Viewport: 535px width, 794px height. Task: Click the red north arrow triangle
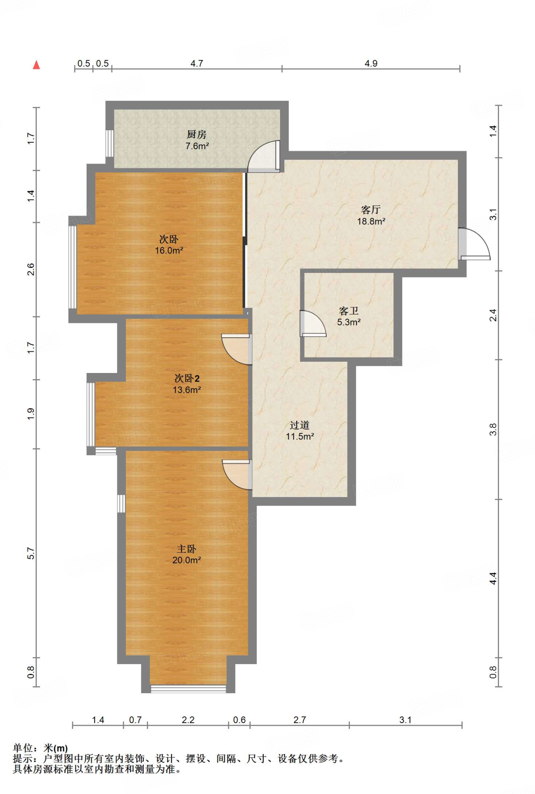pos(36,65)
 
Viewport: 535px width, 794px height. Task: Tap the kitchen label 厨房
pos(197,134)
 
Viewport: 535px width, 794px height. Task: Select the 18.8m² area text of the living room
pos(371,221)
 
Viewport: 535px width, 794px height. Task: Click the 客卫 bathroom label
pos(349,311)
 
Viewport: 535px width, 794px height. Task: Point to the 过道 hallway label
pos(300,425)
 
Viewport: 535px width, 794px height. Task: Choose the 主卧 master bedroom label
pos(187,549)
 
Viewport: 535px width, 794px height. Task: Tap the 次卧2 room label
pos(187,378)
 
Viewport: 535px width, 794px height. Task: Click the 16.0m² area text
pos(169,250)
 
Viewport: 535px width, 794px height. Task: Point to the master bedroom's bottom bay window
pos(188,689)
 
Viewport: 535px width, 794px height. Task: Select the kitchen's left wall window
pos(110,143)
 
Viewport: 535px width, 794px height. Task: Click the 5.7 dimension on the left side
pos(31,553)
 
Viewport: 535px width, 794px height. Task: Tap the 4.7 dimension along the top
pos(197,63)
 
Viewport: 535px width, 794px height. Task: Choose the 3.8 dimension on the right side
pos(493,429)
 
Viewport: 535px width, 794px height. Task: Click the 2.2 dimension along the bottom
pos(188,720)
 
